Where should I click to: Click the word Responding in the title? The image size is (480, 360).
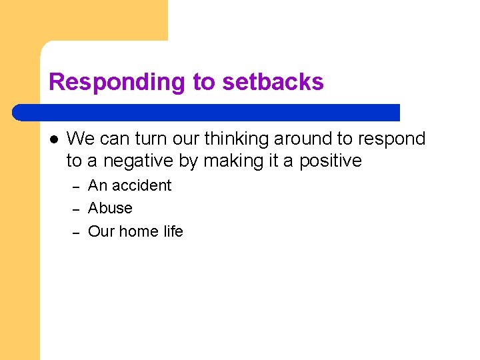point(117,82)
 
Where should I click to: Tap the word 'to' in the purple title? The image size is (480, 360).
point(205,82)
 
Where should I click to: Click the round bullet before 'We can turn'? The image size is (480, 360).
point(54,139)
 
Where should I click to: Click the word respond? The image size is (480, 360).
point(391,139)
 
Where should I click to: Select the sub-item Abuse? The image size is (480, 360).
point(110,208)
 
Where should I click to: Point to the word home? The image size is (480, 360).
point(142,231)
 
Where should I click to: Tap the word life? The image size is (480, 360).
point(173,231)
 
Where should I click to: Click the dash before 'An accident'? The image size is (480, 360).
point(76,187)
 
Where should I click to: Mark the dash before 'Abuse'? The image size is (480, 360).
point(76,209)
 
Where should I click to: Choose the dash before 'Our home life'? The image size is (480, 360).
point(76,233)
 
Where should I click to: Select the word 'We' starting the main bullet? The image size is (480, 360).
point(81,139)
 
